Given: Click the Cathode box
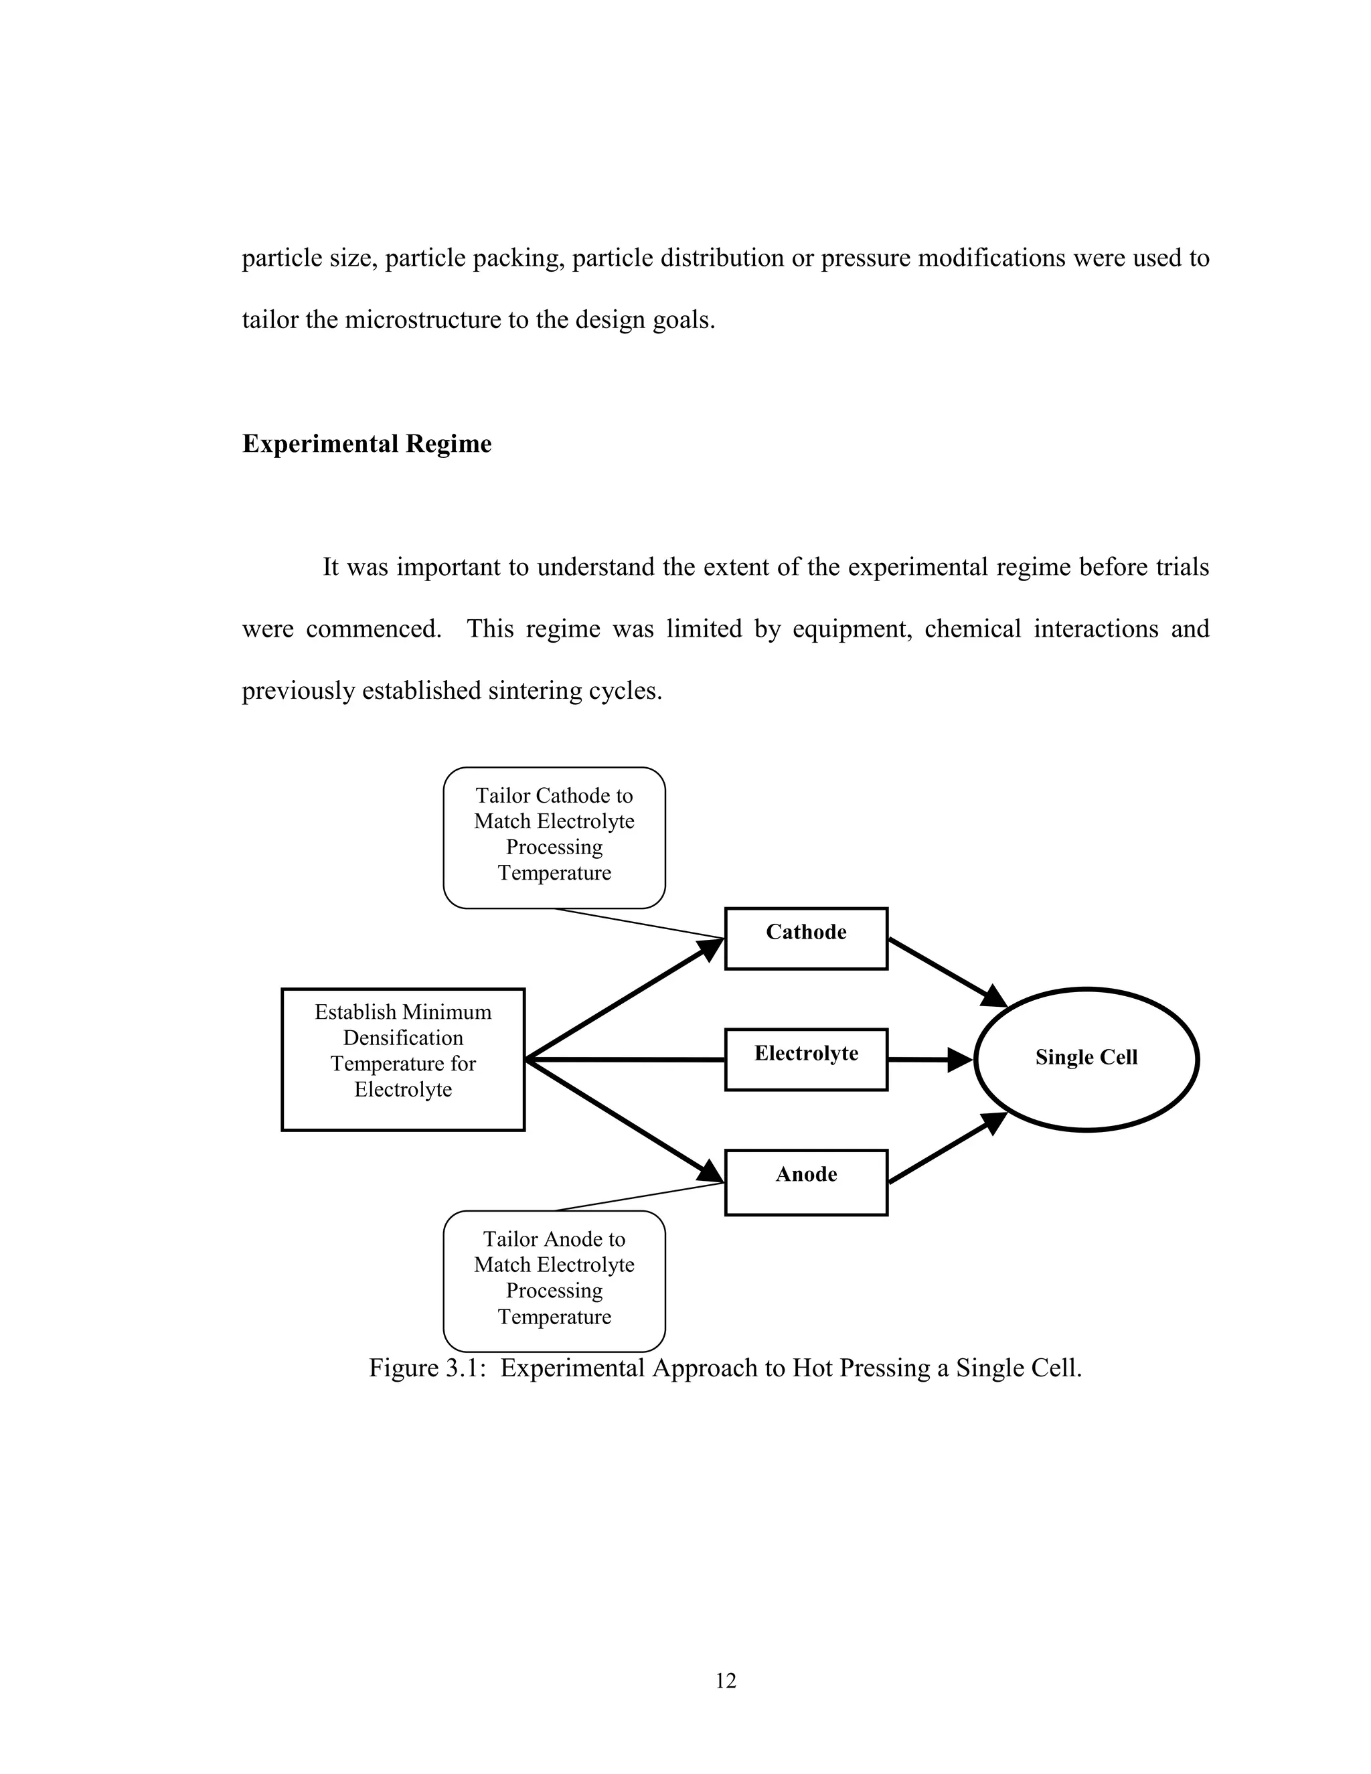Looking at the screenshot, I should point(806,938).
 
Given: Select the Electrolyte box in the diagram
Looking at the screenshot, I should point(806,1059).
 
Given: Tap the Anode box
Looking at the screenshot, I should point(806,1182).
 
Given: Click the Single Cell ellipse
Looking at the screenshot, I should point(1086,1058).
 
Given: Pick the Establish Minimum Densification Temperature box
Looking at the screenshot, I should point(403,1059).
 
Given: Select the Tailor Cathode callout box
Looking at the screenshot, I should point(554,837).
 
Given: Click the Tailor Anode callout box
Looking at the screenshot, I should point(554,1281).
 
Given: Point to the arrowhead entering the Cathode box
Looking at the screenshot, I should point(711,948).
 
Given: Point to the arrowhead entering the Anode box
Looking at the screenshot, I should point(711,1172).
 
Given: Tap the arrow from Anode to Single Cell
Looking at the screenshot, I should point(949,1147).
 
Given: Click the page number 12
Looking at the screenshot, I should point(725,1680).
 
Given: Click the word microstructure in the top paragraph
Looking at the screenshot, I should point(423,320).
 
